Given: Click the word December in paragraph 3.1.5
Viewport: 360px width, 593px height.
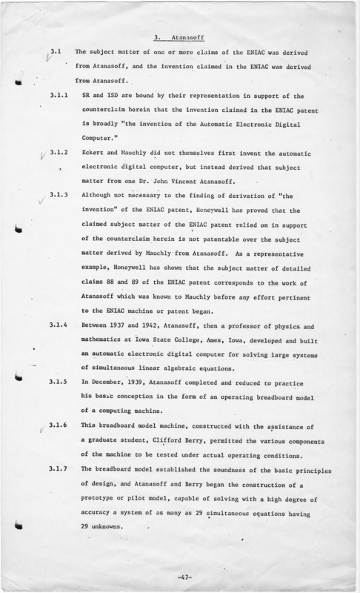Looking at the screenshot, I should coord(119,382).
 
